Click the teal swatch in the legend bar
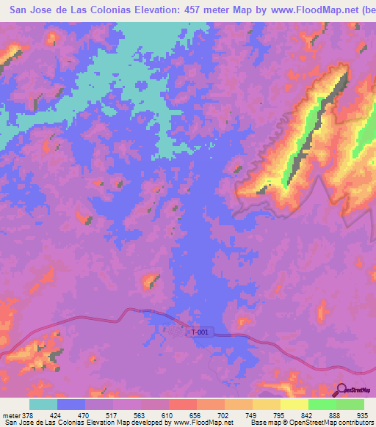(43, 404)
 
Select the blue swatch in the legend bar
(71, 404)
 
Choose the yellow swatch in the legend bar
(294, 404)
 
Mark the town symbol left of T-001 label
(179, 332)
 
